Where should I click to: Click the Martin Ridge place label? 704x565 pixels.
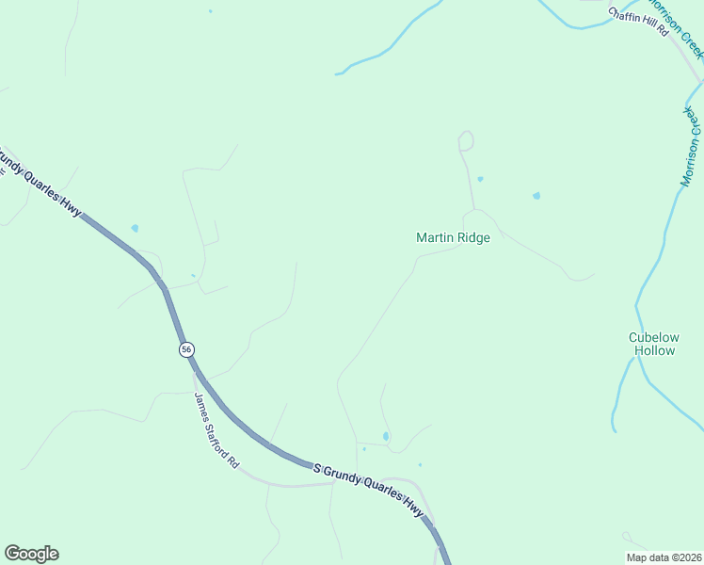coord(453,238)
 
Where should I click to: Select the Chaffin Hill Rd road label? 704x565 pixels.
coord(637,22)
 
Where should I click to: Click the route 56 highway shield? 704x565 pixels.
coord(186,349)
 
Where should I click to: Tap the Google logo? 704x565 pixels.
coord(31,554)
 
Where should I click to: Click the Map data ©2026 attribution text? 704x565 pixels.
coord(664,557)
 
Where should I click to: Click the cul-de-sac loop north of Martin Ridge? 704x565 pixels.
coord(465,141)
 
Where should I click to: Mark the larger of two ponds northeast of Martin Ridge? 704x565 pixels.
coord(536,196)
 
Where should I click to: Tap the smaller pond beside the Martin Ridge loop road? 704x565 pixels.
coord(480,179)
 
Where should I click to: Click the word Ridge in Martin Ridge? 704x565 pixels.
coord(473,238)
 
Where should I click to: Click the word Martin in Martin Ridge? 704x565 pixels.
coord(435,238)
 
